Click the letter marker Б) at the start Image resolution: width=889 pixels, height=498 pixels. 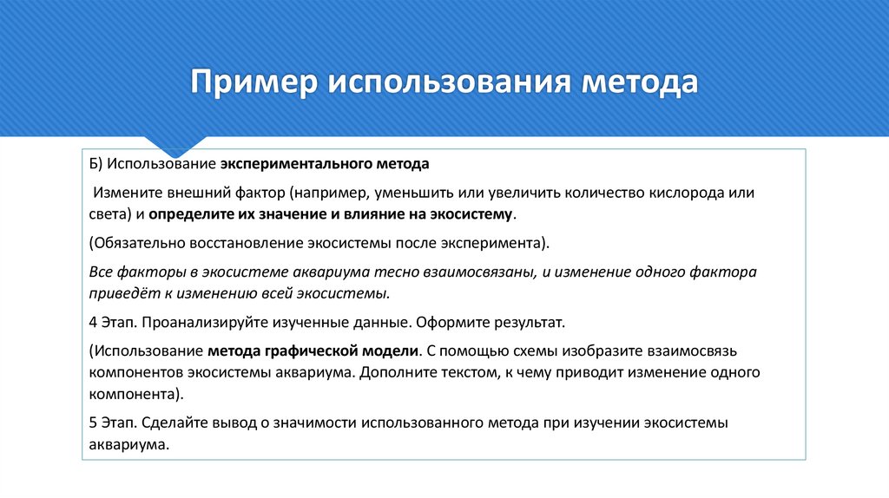coord(96,164)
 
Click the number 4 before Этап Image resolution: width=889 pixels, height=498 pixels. coord(93,322)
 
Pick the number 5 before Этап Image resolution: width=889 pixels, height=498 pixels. coord(93,423)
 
